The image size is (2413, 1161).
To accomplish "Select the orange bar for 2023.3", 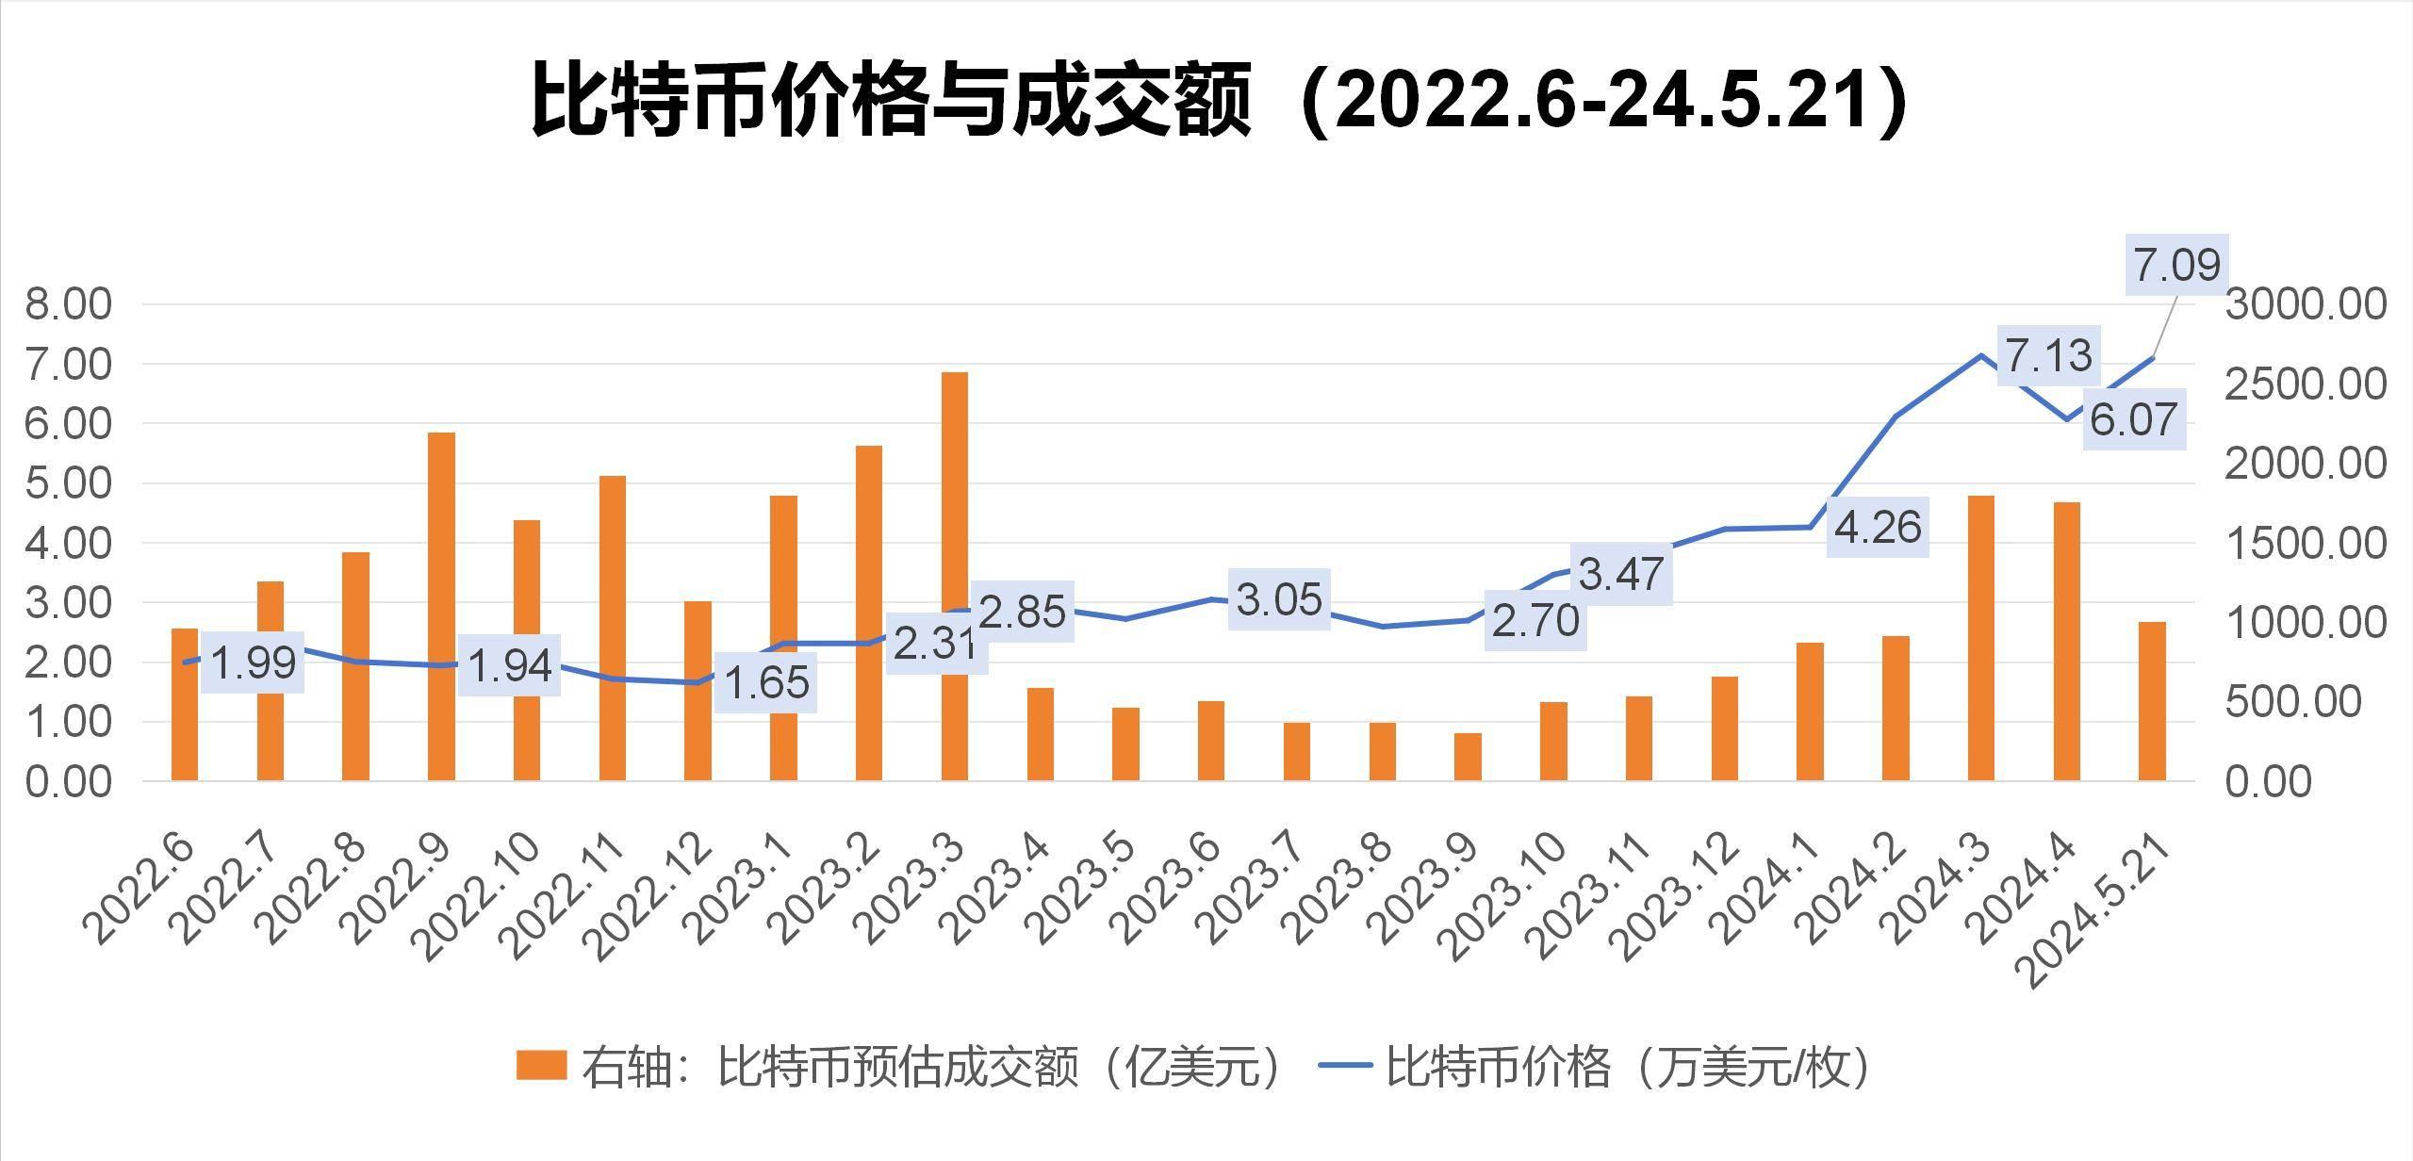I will click(x=954, y=576).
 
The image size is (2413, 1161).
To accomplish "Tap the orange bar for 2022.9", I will click(x=441, y=606).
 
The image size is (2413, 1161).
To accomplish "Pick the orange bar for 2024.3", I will click(x=1981, y=638).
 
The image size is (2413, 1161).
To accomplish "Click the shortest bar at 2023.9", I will click(x=1468, y=757).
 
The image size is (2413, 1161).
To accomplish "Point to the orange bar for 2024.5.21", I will click(x=2152, y=701).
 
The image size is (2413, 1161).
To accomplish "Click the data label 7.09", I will click(x=2176, y=265).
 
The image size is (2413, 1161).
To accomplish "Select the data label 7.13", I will click(x=2048, y=356).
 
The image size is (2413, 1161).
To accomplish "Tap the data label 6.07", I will click(x=2133, y=419).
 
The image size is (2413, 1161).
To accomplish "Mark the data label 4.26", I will click(x=1878, y=527).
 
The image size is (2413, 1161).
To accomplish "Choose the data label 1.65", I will click(x=767, y=682).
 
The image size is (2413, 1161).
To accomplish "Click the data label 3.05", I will click(x=1279, y=599).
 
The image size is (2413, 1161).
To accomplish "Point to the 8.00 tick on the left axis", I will click(x=68, y=304).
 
